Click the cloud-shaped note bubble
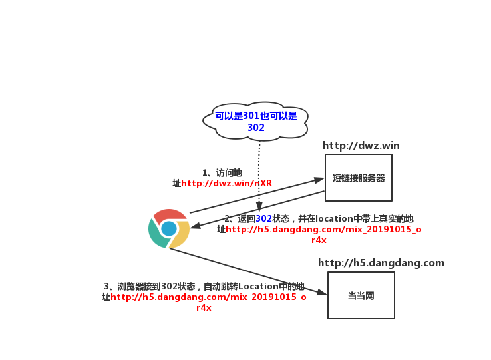coord(256,121)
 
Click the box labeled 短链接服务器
coord(359,178)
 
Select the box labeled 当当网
coord(361,295)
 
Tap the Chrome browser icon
coord(169,228)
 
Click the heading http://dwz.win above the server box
coord(361,146)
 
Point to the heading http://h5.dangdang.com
coord(381,263)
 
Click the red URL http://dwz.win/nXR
coord(227,184)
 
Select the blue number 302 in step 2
coord(264,218)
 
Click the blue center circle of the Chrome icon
coord(169,228)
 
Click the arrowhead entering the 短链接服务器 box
coord(320,179)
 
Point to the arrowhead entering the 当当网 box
coord(323,293)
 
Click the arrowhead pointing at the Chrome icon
coord(195,226)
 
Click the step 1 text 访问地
coord(228,173)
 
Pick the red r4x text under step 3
coord(204,308)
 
